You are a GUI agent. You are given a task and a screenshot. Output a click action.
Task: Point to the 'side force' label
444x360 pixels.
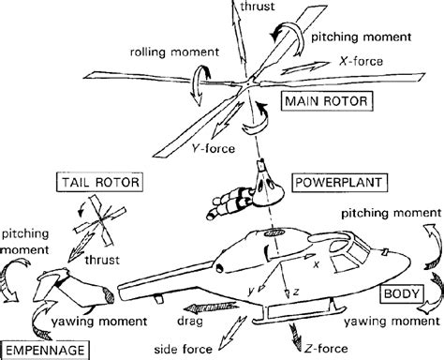(x=199, y=350)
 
